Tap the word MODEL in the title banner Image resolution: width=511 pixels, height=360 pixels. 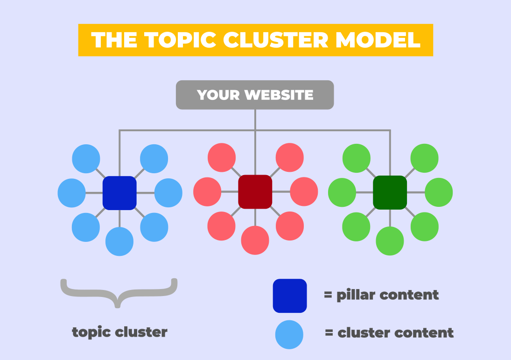[378, 40]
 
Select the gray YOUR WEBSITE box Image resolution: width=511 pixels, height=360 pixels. [255, 95]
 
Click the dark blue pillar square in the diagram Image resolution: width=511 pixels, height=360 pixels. [119, 193]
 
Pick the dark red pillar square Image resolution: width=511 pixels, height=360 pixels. [255, 192]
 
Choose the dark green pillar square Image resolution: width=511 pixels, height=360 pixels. [390, 192]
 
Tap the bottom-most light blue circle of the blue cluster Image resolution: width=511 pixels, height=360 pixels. [119, 241]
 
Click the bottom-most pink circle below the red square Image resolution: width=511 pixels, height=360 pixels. [255, 240]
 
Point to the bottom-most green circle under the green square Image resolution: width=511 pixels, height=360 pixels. [390, 241]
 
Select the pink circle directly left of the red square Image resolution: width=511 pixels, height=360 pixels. [207, 192]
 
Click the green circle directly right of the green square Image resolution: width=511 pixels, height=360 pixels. [439, 192]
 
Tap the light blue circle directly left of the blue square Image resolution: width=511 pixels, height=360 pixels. [72, 193]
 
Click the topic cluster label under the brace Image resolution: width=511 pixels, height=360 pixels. [119, 332]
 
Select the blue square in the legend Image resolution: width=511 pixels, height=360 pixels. [290, 296]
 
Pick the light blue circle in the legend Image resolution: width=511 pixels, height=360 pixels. [289, 335]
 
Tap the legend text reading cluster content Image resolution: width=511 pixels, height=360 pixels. [396, 333]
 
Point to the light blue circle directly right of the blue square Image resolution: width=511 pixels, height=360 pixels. [168, 193]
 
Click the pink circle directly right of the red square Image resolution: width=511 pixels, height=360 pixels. [304, 192]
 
